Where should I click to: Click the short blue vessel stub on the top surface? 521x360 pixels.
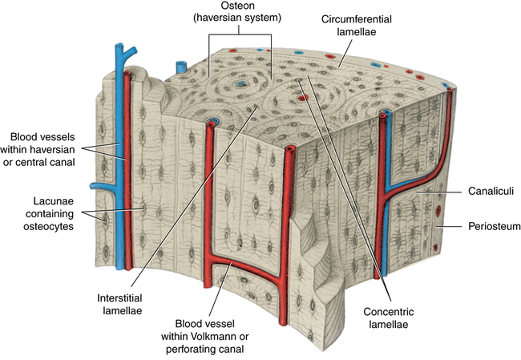[x=180, y=67]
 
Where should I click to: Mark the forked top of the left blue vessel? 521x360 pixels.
[x=120, y=54]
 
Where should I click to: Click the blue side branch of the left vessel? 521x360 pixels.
[x=100, y=186]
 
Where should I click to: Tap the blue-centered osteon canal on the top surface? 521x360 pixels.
[x=240, y=83]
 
